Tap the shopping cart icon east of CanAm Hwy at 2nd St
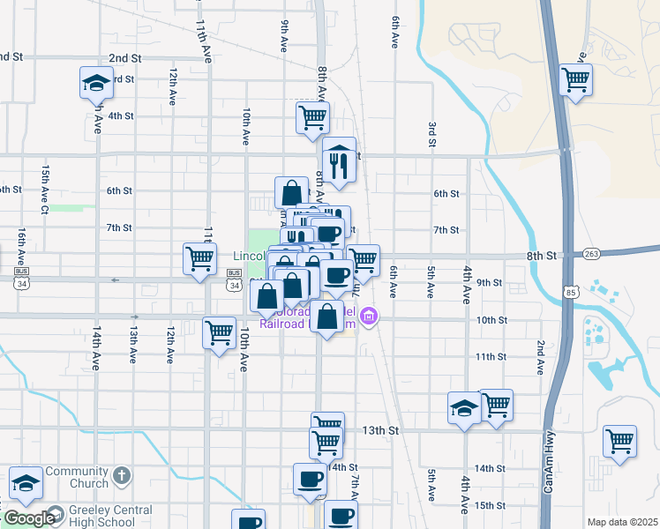pos(576,78)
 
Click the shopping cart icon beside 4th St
pos(312,116)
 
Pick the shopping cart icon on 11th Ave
pos(200,259)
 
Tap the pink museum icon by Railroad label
pos(370,317)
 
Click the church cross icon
pos(123,477)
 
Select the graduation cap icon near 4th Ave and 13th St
pos(464,408)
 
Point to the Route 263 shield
pos(591,254)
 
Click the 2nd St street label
pos(124,58)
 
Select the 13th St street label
pos(381,430)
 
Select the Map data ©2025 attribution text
pos(622,522)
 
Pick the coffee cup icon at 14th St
pos(310,479)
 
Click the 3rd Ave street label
pos(432,134)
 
